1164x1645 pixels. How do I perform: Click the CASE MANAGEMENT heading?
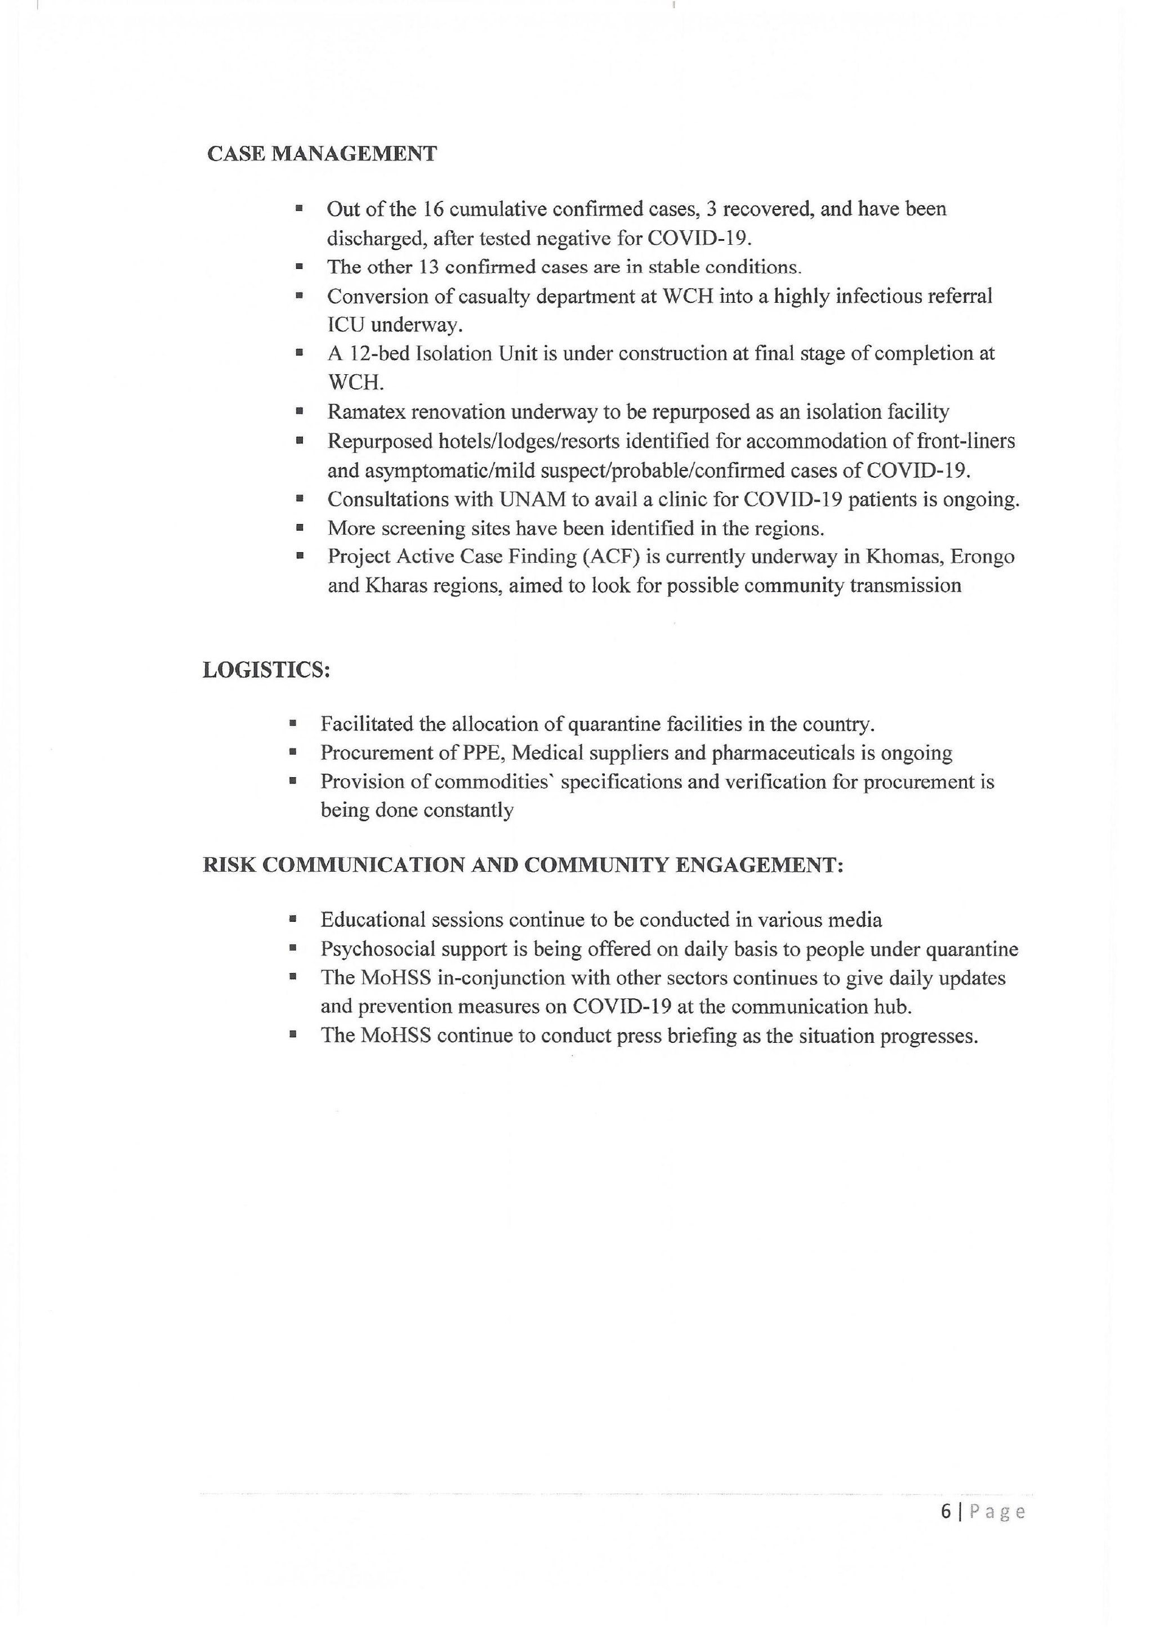point(322,154)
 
